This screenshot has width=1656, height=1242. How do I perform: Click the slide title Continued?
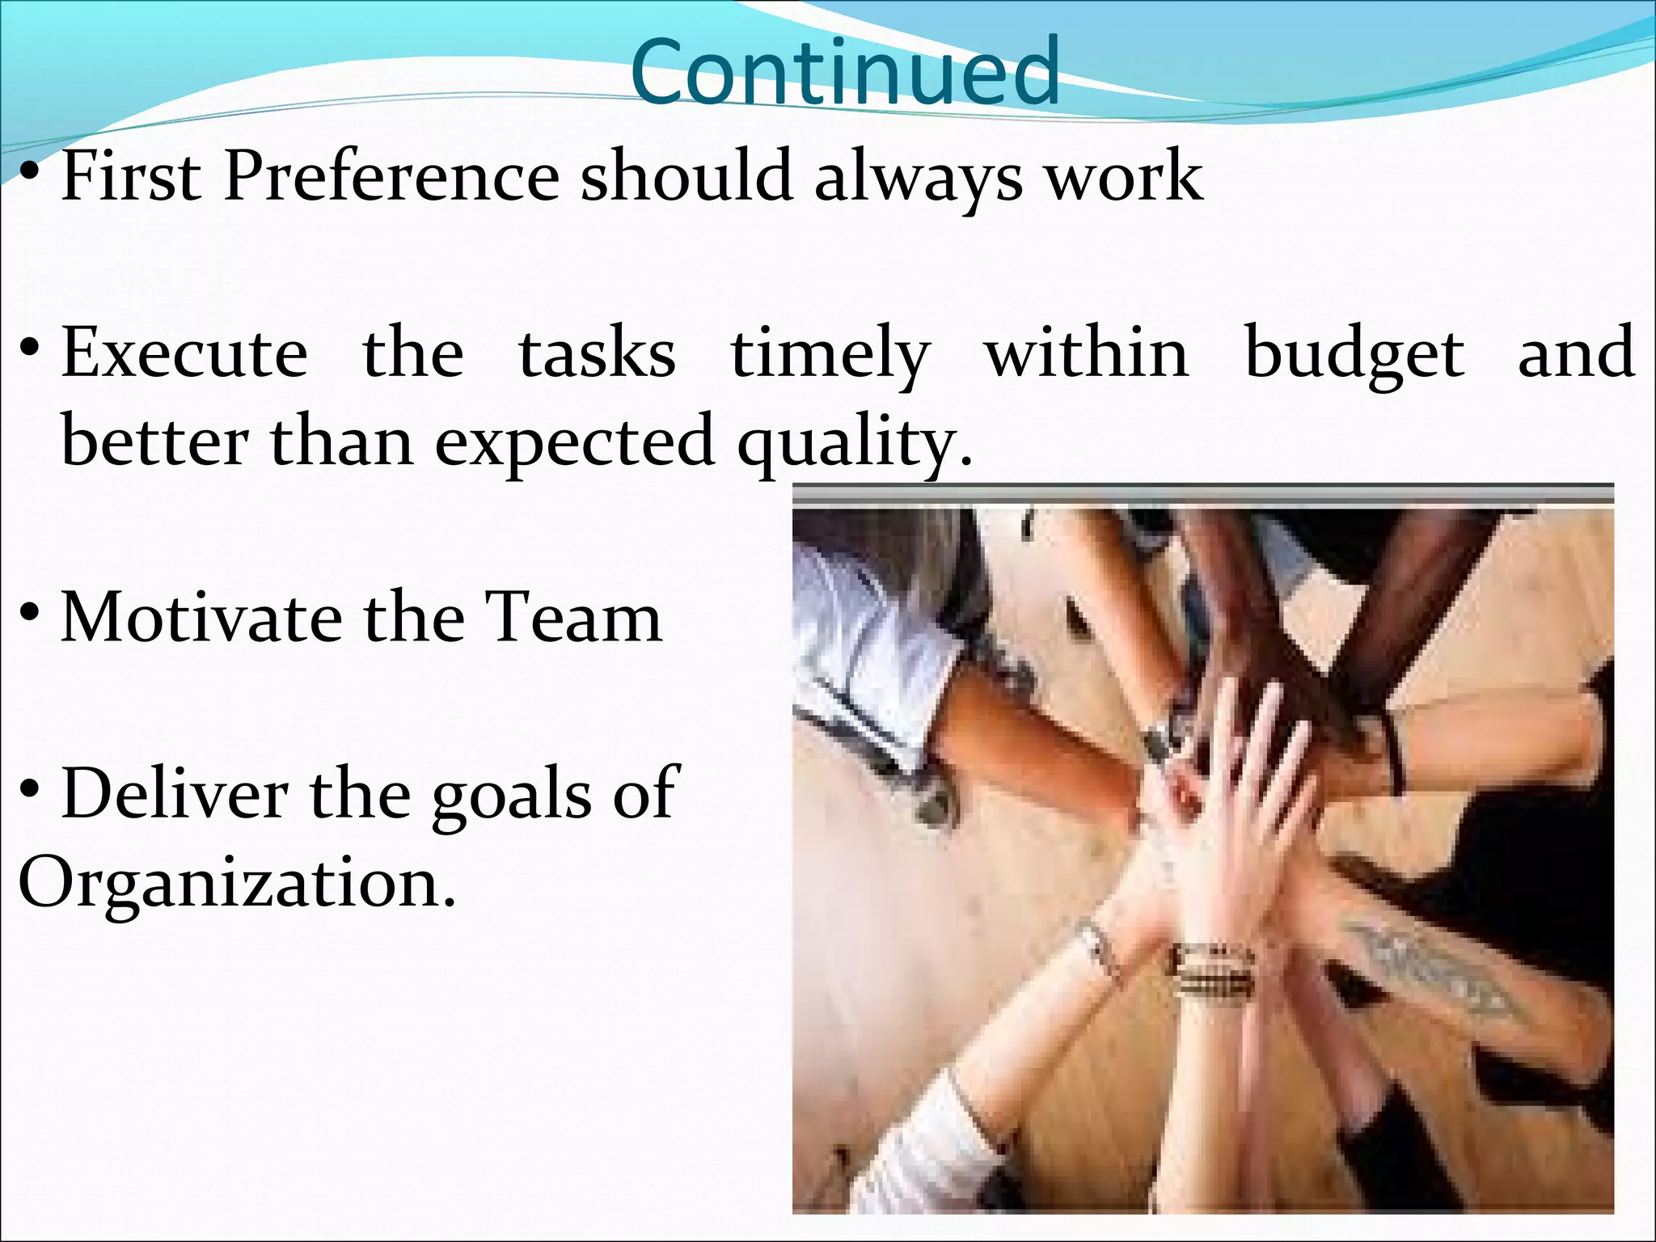(x=845, y=73)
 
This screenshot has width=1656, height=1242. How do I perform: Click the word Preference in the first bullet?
(x=391, y=176)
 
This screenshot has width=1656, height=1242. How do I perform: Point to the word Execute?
(x=184, y=353)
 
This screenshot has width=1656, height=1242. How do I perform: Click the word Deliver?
(x=174, y=794)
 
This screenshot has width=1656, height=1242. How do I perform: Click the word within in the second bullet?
(x=1086, y=353)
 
